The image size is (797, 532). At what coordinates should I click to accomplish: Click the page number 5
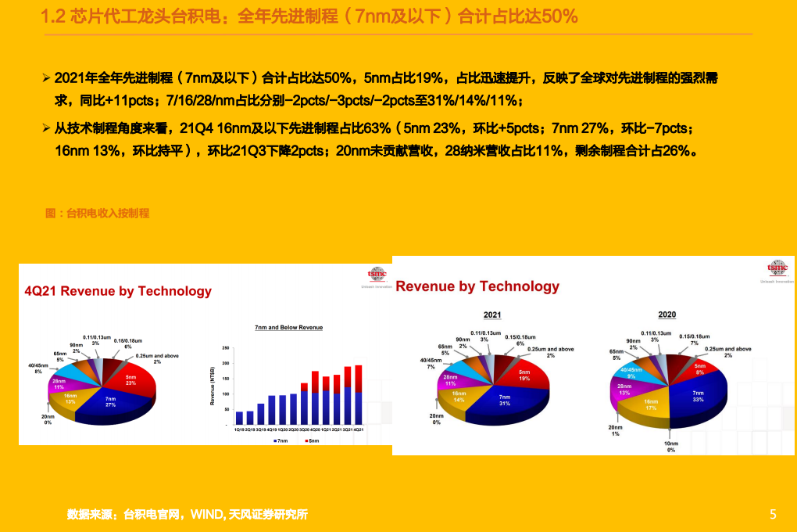click(x=773, y=514)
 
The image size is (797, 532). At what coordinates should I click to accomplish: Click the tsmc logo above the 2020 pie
click(x=777, y=268)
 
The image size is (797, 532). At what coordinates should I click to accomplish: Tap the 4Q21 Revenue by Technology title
click(x=118, y=291)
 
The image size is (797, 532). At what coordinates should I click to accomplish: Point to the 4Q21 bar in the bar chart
click(x=359, y=395)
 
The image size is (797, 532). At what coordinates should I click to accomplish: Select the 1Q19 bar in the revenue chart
click(x=240, y=418)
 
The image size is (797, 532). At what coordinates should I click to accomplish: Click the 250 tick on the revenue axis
click(x=225, y=348)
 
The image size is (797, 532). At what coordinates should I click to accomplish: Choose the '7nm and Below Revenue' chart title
click(x=288, y=327)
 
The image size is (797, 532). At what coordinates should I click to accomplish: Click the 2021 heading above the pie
click(x=492, y=315)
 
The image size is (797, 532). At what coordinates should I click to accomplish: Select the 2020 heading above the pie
click(x=667, y=315)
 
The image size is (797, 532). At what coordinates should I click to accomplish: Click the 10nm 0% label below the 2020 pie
click(x=670, y=446)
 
